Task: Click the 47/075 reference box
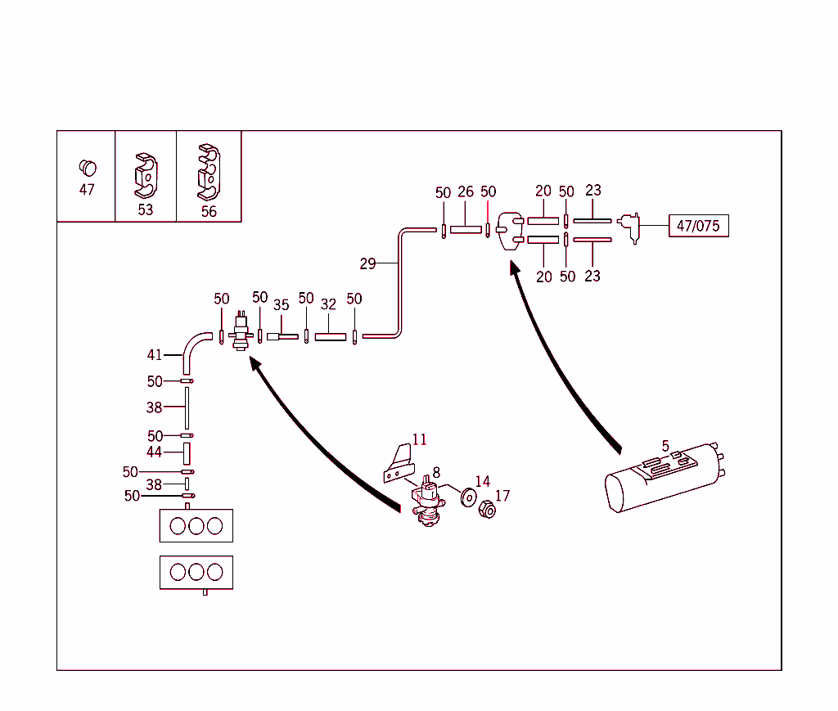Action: [698, 226]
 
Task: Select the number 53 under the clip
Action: [145, 210]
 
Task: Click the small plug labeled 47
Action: [87, 168]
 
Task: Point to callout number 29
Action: [367, 263]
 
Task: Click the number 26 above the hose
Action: [466, 192]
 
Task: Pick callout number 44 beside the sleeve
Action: [154, 452]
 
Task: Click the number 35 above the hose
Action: [282, 305]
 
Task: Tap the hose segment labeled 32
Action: [331, 336]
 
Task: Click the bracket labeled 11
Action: [399, 463]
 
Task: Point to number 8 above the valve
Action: [436, 472]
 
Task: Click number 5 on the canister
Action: [665, 446]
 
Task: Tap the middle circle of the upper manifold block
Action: [196, 526]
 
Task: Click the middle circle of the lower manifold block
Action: [196, 572]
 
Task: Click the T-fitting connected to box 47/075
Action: [630, 226]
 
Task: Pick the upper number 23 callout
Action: [593, 190]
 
